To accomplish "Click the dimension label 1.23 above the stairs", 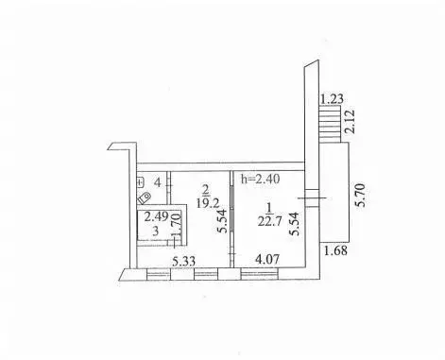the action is tap(332, 99).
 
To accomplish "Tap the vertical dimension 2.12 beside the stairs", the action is tap(350, 121).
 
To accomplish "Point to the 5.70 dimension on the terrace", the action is tap(361, 195).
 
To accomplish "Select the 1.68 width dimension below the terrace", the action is tap(336, 250).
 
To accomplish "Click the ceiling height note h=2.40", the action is tap(260, 179).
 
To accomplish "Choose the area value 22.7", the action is tap(268, 222).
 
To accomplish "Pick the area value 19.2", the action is tap(207, 203).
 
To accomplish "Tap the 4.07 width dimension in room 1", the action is tap(267, 260).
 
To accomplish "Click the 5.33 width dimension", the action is tap(183, 261).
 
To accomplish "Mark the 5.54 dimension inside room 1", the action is tap(295, 224).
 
